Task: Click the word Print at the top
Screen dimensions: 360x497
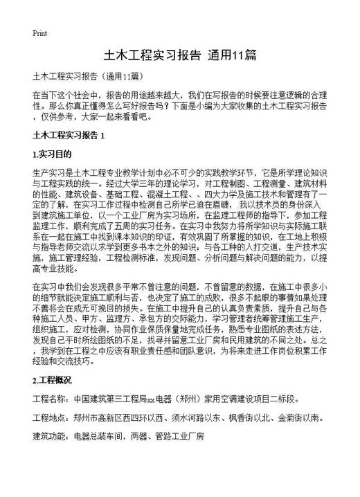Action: point(40,33)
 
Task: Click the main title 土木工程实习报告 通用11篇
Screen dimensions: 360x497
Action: point(180,55)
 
